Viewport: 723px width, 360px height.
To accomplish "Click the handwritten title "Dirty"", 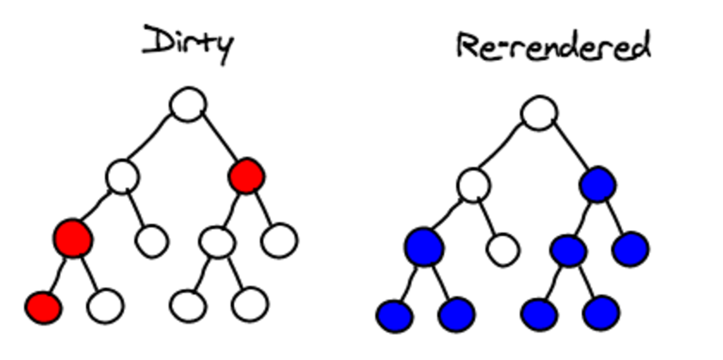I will pos(187,43).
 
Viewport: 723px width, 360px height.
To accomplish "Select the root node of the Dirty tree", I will pos(188,106).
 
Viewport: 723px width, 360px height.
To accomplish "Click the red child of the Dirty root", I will pos(246,176).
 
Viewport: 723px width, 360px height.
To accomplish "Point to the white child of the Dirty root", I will pos(122,176).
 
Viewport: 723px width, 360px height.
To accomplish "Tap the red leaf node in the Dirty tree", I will pos(43,305).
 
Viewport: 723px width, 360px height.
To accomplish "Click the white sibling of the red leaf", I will pos(105,305).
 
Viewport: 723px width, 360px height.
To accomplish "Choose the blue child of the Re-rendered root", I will pos(598,183).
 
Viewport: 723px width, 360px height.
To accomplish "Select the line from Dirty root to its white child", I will pos(155,140).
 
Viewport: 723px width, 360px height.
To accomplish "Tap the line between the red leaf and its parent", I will pos(57,274).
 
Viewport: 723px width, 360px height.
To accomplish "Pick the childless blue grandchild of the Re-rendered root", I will pos(630,249).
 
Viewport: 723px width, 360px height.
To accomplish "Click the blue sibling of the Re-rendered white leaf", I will pos(424,248).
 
